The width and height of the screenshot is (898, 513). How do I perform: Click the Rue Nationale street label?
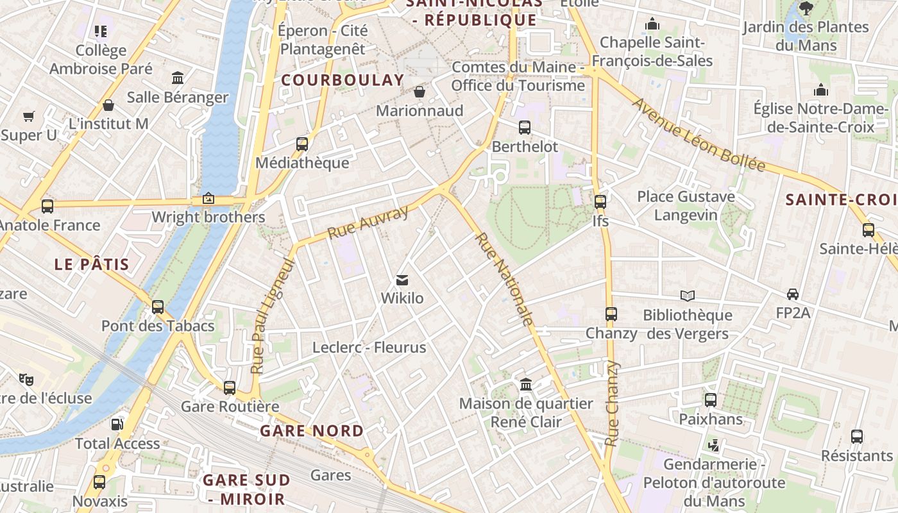click(504, 279)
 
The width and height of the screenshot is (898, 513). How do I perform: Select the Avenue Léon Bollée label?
click(699, 135)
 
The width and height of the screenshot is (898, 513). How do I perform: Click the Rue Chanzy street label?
click(613, 404)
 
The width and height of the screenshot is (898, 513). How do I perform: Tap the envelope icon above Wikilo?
click(402, 280)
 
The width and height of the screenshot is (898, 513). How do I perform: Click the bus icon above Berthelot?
click(525, 128)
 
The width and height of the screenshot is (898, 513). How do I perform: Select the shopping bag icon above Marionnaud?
click(419, 92)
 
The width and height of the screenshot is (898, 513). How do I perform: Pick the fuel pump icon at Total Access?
click(117, 425)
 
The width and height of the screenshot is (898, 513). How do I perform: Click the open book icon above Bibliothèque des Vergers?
click(688, 296)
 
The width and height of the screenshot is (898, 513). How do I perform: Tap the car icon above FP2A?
click(793, 294)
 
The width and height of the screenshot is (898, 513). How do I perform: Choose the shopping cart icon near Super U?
click(28, 116)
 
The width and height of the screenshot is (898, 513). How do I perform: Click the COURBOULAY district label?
click(343, 80)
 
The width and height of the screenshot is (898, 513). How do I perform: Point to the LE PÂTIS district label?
click(92, 264)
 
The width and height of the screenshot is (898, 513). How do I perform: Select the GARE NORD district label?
click(312, 431)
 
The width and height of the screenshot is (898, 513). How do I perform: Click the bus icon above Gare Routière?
click(230, 388)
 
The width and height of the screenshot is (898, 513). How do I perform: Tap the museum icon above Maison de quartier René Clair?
click(526, 385)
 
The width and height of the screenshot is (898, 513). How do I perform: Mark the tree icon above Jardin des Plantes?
click(806, 8)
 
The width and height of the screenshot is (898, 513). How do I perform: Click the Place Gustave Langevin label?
click(686, 205)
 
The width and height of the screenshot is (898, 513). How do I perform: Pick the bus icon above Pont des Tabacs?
click(158, 307)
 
